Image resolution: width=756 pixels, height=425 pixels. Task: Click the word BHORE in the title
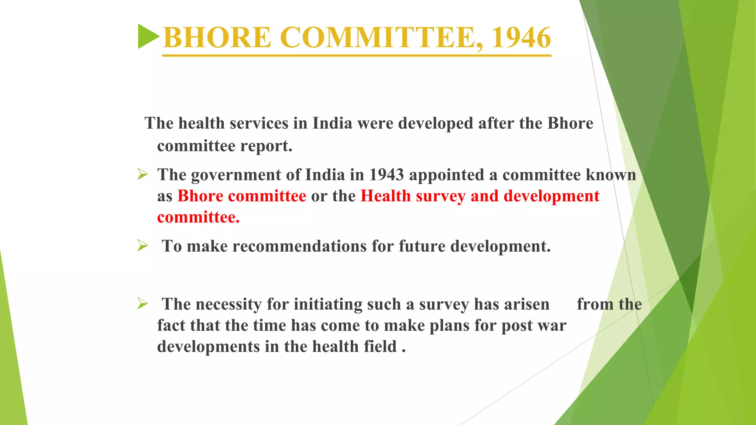[x=217, y=38]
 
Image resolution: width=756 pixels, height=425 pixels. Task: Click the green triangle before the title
[x=148, y=36]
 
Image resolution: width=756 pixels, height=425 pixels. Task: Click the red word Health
[x=386, y=196]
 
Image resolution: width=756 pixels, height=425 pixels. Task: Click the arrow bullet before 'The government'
[x=142, y=174]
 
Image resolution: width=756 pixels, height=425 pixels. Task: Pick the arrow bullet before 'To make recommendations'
[x=142, y=245]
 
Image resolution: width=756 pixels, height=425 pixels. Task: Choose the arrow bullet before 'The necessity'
[x=142, y=304]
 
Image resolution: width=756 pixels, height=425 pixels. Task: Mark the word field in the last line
[x=380, y=347]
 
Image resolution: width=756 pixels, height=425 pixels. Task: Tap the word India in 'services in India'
[x=332, y=124]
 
